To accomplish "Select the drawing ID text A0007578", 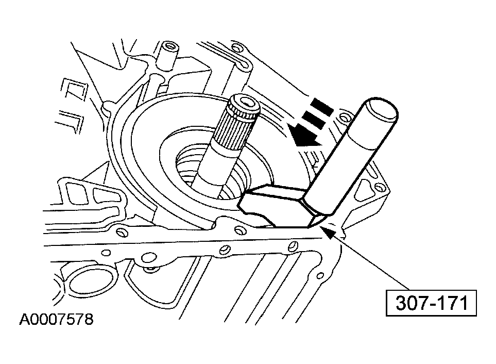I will [x=57, y=320].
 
